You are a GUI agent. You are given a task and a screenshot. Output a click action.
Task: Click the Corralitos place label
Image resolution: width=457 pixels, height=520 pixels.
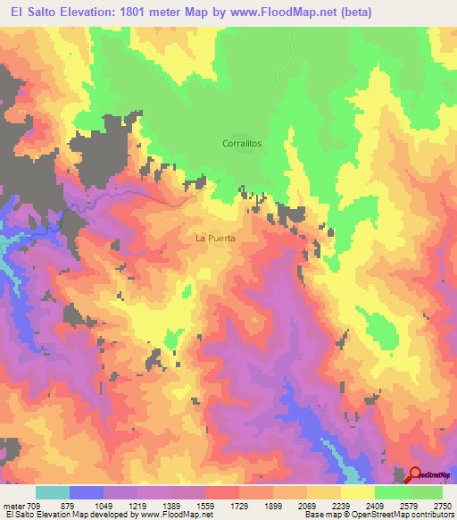click(241, 143)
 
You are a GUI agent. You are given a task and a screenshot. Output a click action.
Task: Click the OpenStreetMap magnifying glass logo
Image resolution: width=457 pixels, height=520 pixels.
click(415, 474)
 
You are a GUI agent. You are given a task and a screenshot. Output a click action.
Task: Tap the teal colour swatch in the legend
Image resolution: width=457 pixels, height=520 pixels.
click(53, 492)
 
